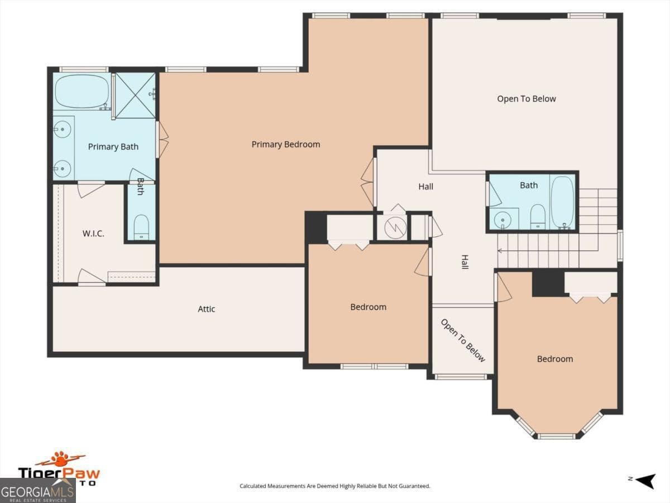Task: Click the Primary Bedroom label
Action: coord(285,144)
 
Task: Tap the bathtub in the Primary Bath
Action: coord(82,91)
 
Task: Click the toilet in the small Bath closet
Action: coord(141,227)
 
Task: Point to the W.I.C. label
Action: coord(93,233)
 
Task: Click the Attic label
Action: coord(206,309)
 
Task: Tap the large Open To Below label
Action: coord(526,99)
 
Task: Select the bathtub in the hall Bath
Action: coord(563,202)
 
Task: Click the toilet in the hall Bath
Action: coord(537,216)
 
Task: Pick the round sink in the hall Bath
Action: coord(504,220)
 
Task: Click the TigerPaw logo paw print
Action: coord(60,460)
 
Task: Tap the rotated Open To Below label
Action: coord(463,340)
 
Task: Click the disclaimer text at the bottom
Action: coord(335,486)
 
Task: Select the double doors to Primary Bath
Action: coord(162,139)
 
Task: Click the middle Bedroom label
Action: coord(368,307)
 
